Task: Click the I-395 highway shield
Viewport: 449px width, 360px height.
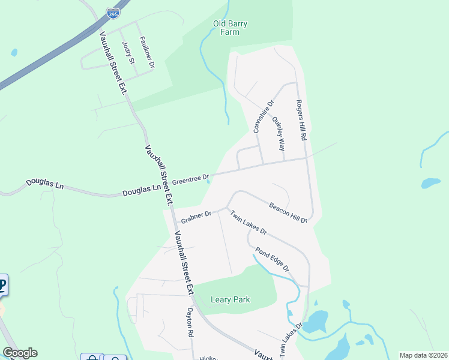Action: (112, 13)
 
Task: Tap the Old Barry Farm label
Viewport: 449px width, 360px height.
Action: (231, 28)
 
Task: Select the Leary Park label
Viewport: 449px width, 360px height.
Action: (231, 299)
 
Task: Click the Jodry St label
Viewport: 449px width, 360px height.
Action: (127, 53)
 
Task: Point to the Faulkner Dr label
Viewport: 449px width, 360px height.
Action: (147, 52)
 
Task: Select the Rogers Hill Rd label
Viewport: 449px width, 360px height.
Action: (301, 120)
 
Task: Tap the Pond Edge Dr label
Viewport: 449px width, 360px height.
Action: (273, 259)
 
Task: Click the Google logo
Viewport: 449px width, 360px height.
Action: (20, 353)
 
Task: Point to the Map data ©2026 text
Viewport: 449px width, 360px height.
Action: (423, 355)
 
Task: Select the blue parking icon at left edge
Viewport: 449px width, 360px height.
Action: (2, 285)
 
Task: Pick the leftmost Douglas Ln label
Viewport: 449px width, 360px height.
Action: (44, 185)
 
